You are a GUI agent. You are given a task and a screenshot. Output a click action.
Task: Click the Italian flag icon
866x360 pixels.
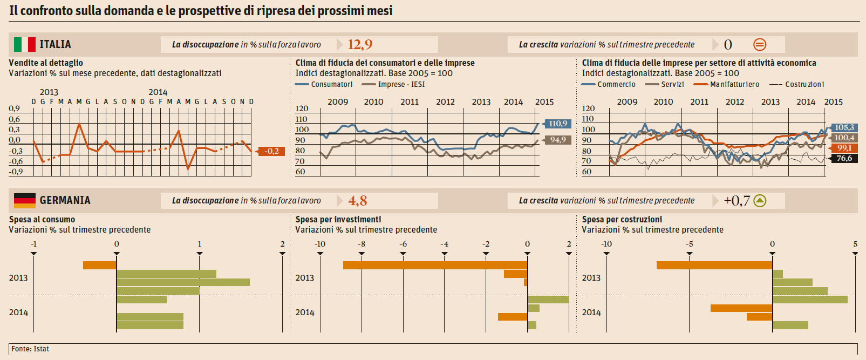24,44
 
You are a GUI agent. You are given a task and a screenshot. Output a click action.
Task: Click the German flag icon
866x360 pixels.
24,200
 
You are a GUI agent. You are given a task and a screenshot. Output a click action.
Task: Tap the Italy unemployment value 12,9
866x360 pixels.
360,44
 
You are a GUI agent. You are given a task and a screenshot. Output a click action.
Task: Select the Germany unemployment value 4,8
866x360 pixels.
357,201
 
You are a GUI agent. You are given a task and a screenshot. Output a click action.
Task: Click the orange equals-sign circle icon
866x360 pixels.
759,45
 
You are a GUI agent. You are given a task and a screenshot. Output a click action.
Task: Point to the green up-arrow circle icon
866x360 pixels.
760,201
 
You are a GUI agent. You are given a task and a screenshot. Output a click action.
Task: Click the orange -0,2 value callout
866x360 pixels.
272,151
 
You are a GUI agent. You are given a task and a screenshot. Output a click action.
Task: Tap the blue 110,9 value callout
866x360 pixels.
558,124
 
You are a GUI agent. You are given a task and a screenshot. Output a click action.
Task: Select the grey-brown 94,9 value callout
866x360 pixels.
558,140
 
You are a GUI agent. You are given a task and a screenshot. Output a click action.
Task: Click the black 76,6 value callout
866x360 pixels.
844,158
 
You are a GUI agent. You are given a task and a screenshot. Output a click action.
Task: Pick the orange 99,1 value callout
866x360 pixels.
844,148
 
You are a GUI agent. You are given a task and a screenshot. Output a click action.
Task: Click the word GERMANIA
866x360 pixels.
65,200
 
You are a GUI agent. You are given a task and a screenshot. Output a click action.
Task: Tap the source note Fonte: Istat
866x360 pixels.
30,349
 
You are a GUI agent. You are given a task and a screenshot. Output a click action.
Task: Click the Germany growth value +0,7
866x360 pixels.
737,201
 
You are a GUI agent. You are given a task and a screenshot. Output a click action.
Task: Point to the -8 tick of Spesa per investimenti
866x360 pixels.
362,244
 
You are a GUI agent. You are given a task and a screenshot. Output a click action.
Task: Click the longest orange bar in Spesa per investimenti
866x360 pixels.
435,265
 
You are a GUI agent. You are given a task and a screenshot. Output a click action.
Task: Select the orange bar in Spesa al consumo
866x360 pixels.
100,265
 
